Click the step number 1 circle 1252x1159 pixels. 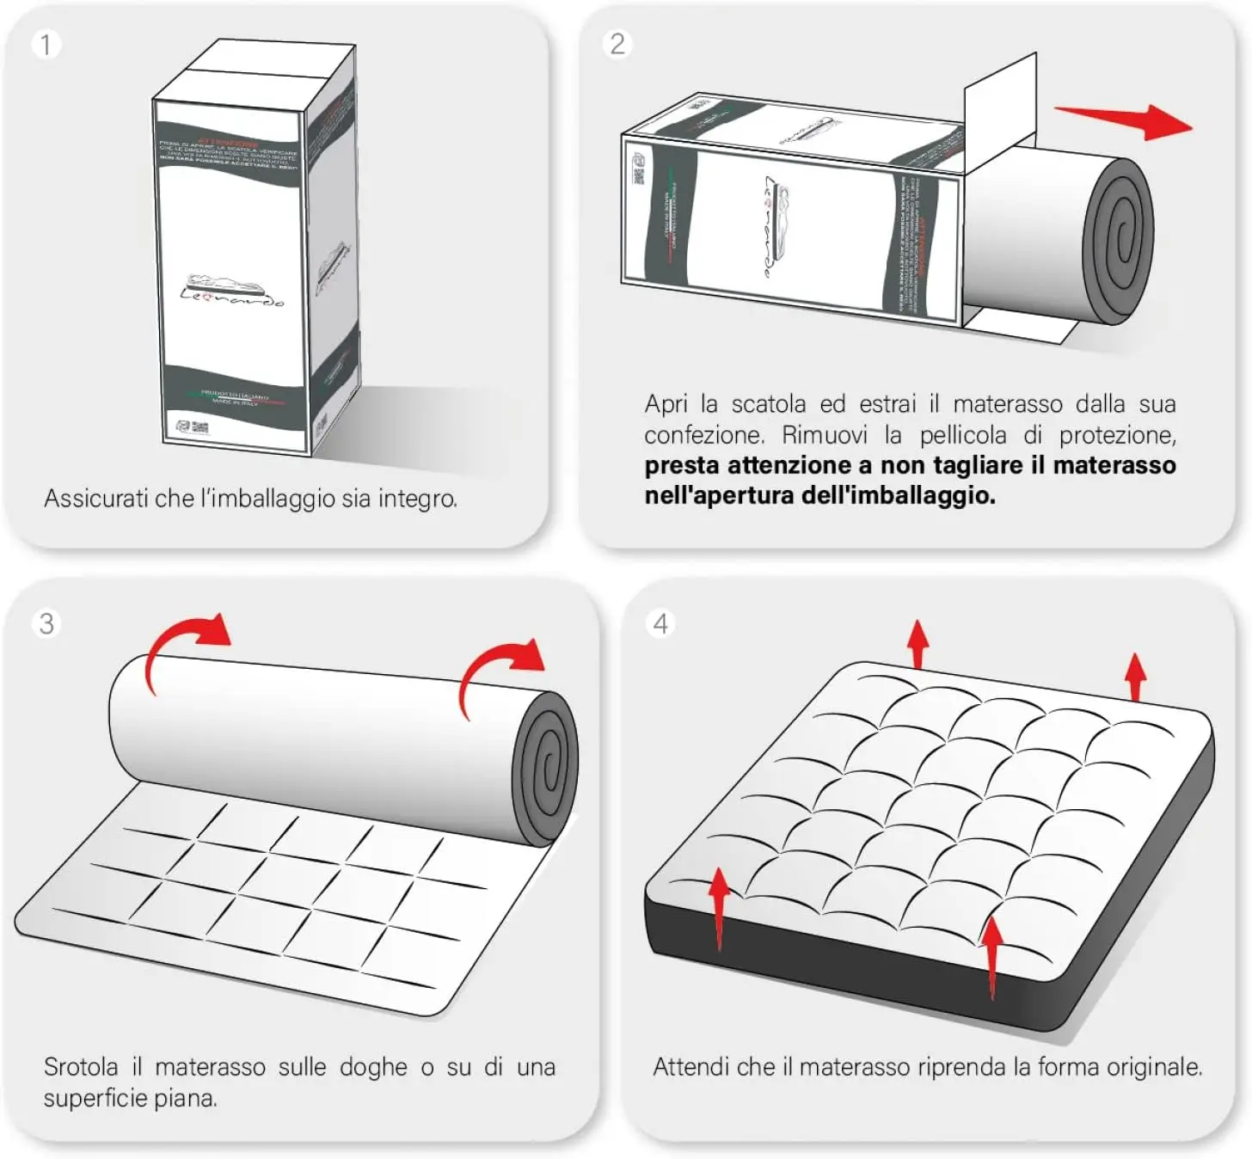click(46, 44)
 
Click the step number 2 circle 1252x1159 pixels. click(617, 44)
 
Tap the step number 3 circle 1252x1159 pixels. click(46, 623)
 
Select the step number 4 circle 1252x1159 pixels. click(660, 623)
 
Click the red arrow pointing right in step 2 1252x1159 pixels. click(1126, 120)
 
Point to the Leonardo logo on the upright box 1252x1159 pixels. click(230, 291)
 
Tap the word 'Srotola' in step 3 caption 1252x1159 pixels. click(81, 1067)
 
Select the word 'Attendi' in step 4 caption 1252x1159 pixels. click(690, 1067)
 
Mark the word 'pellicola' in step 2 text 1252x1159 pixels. click(962, 435)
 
